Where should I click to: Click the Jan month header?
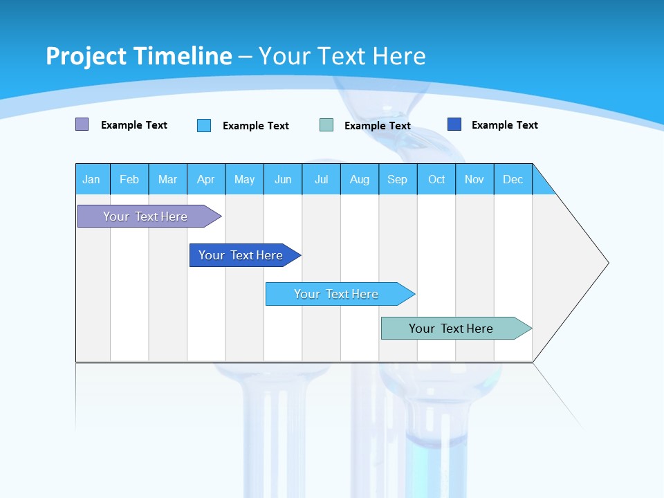pyautogui.click(x=91, y=179)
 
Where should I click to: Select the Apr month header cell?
pyautogui.click(x=205, y=179)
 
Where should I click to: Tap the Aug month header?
pyautogui.click(x=359, y=179)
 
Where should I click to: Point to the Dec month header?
pyautogui.click(x=513, y=179)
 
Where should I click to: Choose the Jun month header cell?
pyautogui.click(x=282, y=179)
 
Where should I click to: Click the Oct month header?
pyautogui.click(x=436, y=179)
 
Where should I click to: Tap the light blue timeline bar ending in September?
pyautogui.click(x=337, y=294)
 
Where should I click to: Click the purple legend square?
pyautogui.click(x=82, y=124)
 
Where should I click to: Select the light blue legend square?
pyautogui.click(x=204, y=125)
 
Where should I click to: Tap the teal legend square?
pyautogui.click(x=326, y=125)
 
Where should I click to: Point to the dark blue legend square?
pyautogui.click(x=454, y=124)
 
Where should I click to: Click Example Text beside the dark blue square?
pyautogui.click(x=504, y=125)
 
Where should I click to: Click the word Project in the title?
pyautogui.click(x=85, y=56)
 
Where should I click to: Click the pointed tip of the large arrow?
pyautogui.click(x=606, y=263)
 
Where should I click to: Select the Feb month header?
pyautogui.click(x=129, y=179)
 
